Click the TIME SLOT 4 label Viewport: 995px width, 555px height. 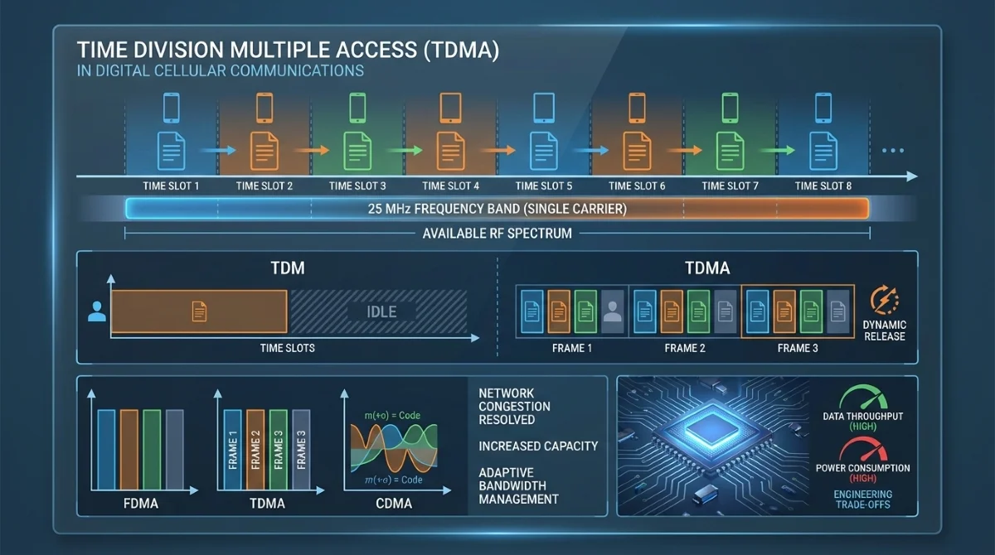[451, 186]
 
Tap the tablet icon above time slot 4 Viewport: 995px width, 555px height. [450, 107]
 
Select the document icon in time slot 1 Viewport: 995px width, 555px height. [172, 150]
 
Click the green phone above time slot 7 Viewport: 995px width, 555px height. [730, 107]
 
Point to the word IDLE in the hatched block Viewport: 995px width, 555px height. [381, 312]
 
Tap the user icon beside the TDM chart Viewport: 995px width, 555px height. [97, 312]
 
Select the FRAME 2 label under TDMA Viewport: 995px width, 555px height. [685, 348]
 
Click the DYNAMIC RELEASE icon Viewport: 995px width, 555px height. [883, 300]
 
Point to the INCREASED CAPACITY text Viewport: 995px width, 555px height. [538, 446]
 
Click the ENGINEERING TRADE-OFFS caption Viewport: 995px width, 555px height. [862, 499]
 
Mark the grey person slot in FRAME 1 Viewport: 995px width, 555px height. [613, 311]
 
